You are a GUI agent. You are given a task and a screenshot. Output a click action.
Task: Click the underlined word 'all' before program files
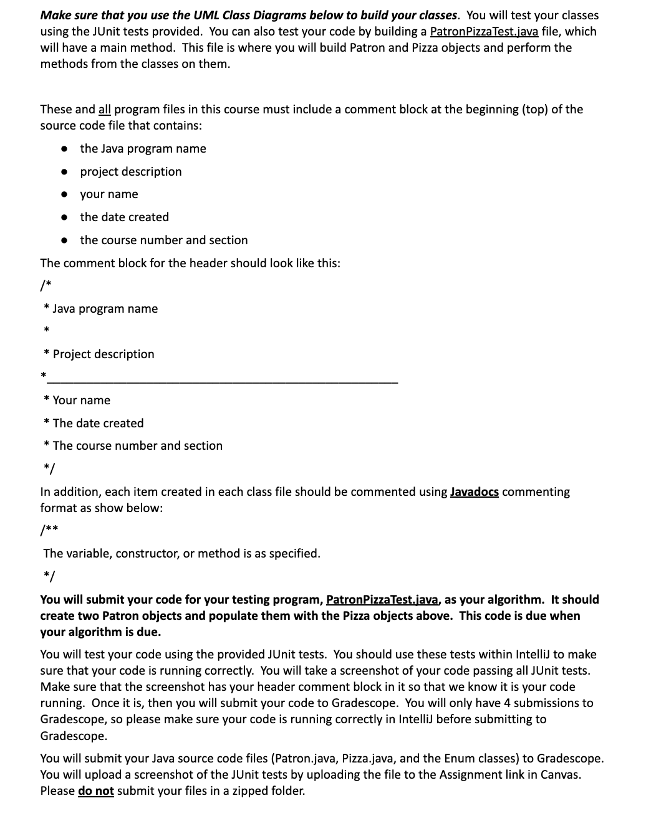click(x=105, y=110)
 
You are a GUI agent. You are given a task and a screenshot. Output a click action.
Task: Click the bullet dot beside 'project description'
click(x=64, y=172)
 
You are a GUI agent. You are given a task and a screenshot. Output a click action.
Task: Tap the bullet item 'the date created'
click(x=124, y=217)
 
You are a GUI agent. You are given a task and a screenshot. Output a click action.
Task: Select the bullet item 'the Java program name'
click(x=143, y=149)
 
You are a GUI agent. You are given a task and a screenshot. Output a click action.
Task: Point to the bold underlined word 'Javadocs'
click(x=474, y=492)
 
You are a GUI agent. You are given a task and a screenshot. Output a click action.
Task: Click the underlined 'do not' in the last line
click(x=95, y=791)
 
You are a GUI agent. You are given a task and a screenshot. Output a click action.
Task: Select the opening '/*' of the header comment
click(x=45, y=286)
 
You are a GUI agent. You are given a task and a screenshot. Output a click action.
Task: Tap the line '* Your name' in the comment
click(x=77, y=401)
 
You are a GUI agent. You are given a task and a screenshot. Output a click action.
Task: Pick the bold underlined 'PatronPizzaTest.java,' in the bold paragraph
click(x=383, y=600)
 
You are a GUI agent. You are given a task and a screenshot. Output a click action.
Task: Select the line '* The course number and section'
click(x=133, y=446)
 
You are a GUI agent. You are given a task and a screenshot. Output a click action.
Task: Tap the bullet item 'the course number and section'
click(x=163, y=240)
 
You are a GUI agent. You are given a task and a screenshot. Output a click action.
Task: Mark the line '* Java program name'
click(x=101, y=309)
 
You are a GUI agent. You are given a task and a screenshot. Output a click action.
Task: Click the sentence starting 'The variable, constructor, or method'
click(x=181, y=554)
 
